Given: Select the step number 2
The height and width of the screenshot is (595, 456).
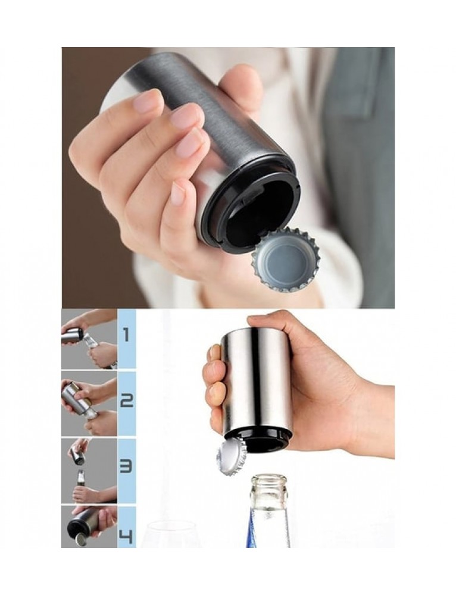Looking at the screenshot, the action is [x=127, y=400].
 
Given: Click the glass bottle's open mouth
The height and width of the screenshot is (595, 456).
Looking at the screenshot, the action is [x=270, y=479].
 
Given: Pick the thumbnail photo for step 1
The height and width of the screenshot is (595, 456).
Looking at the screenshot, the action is [x=89, y=339].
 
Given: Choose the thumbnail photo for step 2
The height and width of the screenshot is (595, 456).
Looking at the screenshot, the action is [x=89, y=403].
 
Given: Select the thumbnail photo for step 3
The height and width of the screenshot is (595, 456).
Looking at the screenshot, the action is [x=89, y=471].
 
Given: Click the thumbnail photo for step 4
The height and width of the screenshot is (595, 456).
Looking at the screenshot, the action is [x=89, y=527].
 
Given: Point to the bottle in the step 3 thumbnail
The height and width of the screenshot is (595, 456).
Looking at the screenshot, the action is [x=80, y=480].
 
